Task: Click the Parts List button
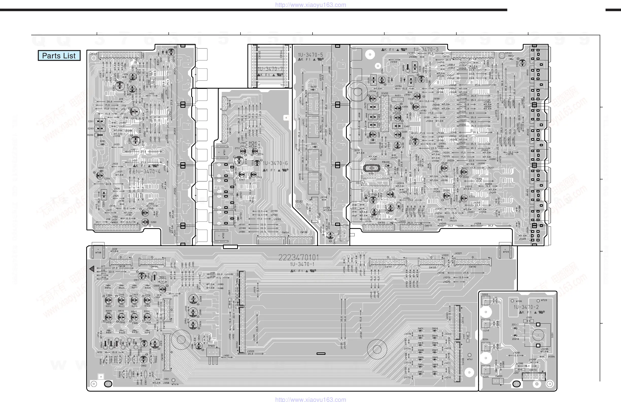click(59, 56)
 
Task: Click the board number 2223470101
click(299, 258)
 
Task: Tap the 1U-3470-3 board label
click(426, 49)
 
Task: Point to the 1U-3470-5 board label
click(310, 55)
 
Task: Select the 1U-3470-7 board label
click(270, 69)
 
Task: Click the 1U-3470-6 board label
click(275, 163)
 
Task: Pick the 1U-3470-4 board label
click(148, 172)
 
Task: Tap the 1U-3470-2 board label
click(526, 307)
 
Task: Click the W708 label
click(98, 253)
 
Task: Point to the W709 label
click(506, 252)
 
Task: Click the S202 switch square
click(486, 301)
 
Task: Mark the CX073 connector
click(533, 376)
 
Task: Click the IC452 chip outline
click(385, 113)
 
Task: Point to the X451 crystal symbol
click(371, 168)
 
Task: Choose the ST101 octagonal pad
click(502, 55)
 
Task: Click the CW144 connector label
click(93, 54)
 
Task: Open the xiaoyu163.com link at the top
click(310, 5)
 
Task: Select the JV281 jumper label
click(516, 353)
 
